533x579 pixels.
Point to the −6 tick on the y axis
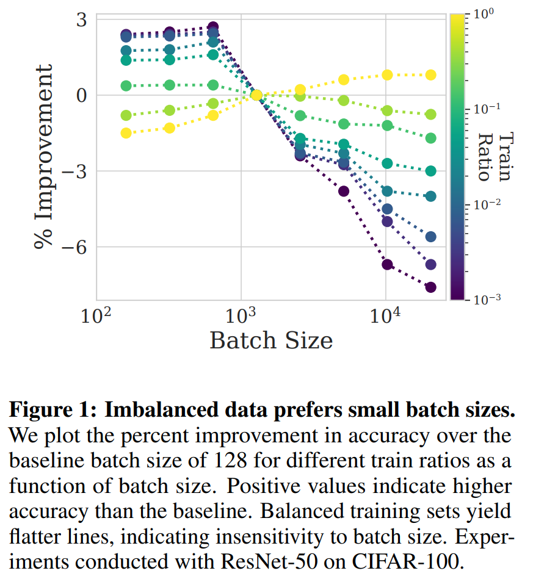(74, 247)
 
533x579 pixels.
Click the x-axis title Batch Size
(271, 340)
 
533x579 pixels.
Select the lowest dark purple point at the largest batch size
(430, 287)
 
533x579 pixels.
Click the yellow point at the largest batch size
(430, 75)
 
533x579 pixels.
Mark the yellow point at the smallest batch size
(126, 133)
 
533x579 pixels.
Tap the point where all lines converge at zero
(256, 95)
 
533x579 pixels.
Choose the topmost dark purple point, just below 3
(212, 27)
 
